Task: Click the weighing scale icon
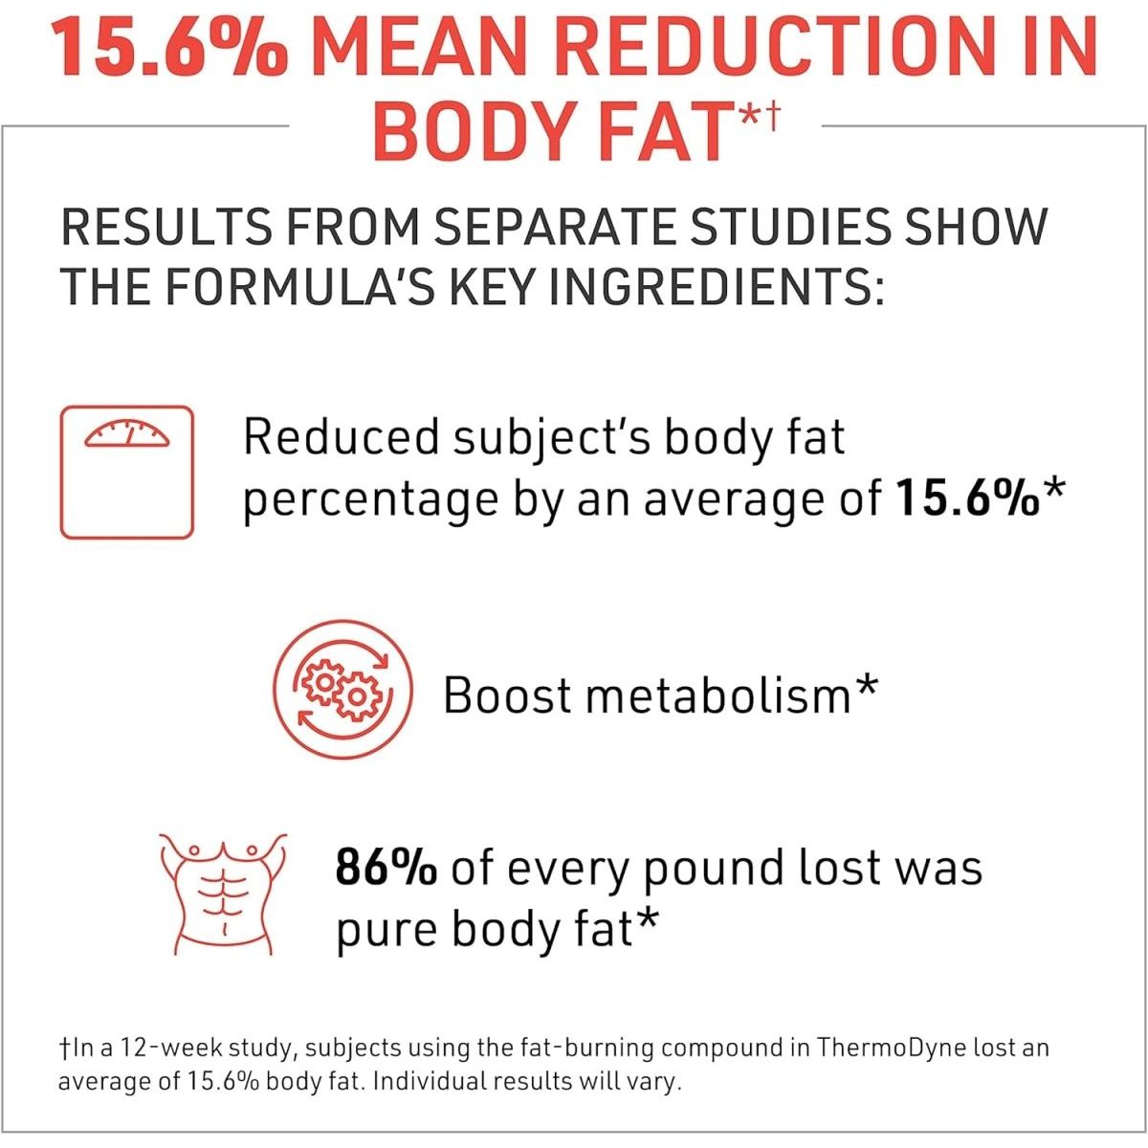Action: [x=127, y=472]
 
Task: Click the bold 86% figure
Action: [x=386, y=869]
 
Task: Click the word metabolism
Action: [x=717, y=695]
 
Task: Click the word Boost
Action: [x=506, y=695]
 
